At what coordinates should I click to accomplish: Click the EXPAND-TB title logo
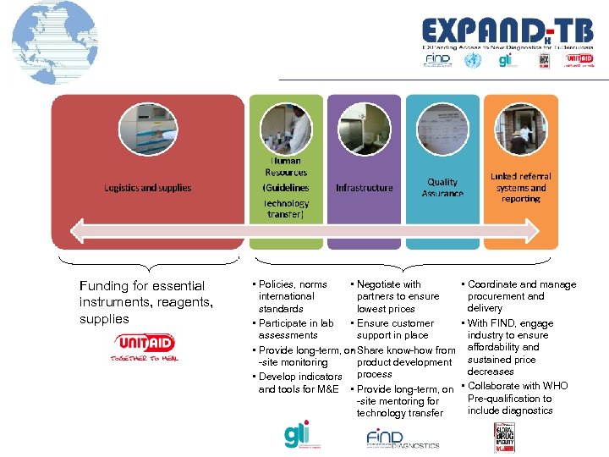tap(507, 32)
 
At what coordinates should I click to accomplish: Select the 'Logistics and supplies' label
tap(147, 188)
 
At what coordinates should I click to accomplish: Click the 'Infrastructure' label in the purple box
tap(364, 187)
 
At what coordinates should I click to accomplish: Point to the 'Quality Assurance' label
tap(442, 188)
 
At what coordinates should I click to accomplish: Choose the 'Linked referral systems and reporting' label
tap(520, 187)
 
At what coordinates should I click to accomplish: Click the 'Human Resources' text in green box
tap(285, 166)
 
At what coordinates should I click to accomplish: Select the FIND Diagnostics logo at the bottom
tap(402, 438)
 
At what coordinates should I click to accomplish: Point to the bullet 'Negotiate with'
tap(388, 284)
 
